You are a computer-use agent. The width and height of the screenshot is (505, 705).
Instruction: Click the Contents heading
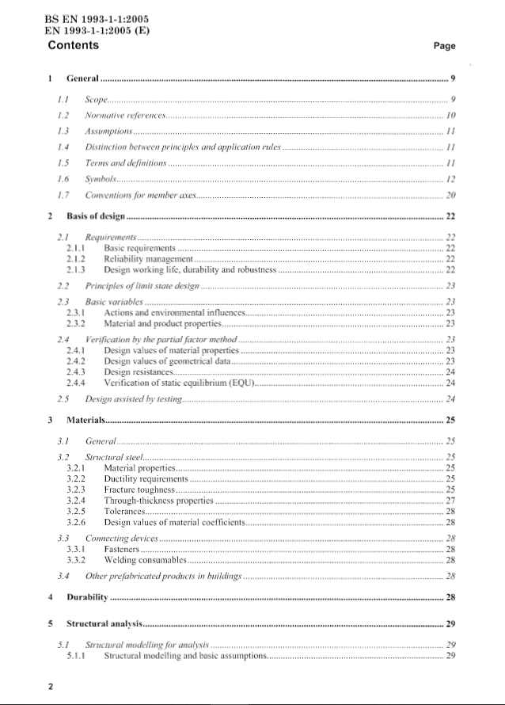[x=74, y=45]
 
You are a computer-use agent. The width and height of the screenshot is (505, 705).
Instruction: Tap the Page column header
[x=445, y=46]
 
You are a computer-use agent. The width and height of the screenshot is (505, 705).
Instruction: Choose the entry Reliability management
[x=149, y=259]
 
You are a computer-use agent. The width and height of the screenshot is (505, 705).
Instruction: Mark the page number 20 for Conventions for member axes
[x=450, y=194]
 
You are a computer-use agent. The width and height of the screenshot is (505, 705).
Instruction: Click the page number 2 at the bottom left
[x=50, y=688]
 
